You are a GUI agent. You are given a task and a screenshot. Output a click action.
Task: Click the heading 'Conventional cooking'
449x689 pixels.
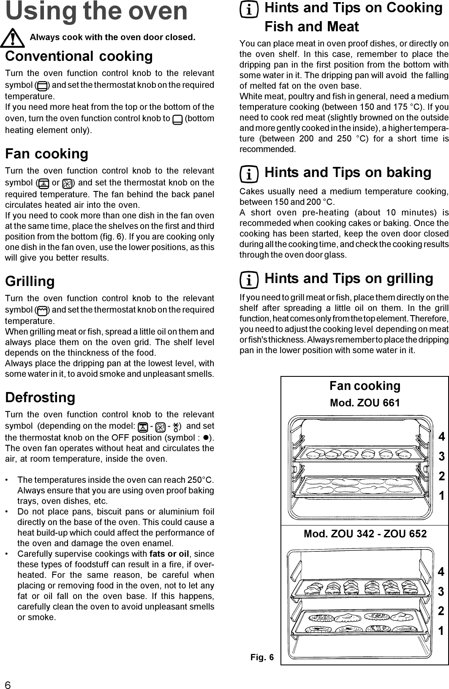click(79, 56)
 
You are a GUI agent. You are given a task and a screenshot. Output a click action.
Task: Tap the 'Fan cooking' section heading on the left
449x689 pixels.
click(46, 154)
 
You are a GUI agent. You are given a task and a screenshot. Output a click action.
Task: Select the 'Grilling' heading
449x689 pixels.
click(30, 281)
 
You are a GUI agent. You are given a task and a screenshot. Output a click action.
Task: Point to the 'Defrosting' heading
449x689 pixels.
click(40, 398)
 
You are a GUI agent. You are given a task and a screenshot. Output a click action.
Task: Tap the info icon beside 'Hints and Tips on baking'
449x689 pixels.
click(250, 174)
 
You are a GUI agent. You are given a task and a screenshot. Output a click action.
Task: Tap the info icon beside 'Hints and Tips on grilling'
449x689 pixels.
click(250, 280)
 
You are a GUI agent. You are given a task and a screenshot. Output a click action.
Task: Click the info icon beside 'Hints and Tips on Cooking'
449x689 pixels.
click(250, 10)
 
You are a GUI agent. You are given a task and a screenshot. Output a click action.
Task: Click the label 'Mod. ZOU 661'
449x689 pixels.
click(365, 403)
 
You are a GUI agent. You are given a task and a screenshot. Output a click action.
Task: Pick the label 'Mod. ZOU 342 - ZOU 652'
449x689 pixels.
click(365, 534)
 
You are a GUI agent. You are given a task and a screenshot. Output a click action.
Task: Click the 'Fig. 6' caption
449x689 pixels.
click(261, 657)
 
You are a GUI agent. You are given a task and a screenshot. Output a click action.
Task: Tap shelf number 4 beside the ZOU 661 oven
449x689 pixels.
click(441, 437)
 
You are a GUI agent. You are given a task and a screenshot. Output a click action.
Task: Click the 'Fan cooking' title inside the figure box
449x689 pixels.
click(365, 386)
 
